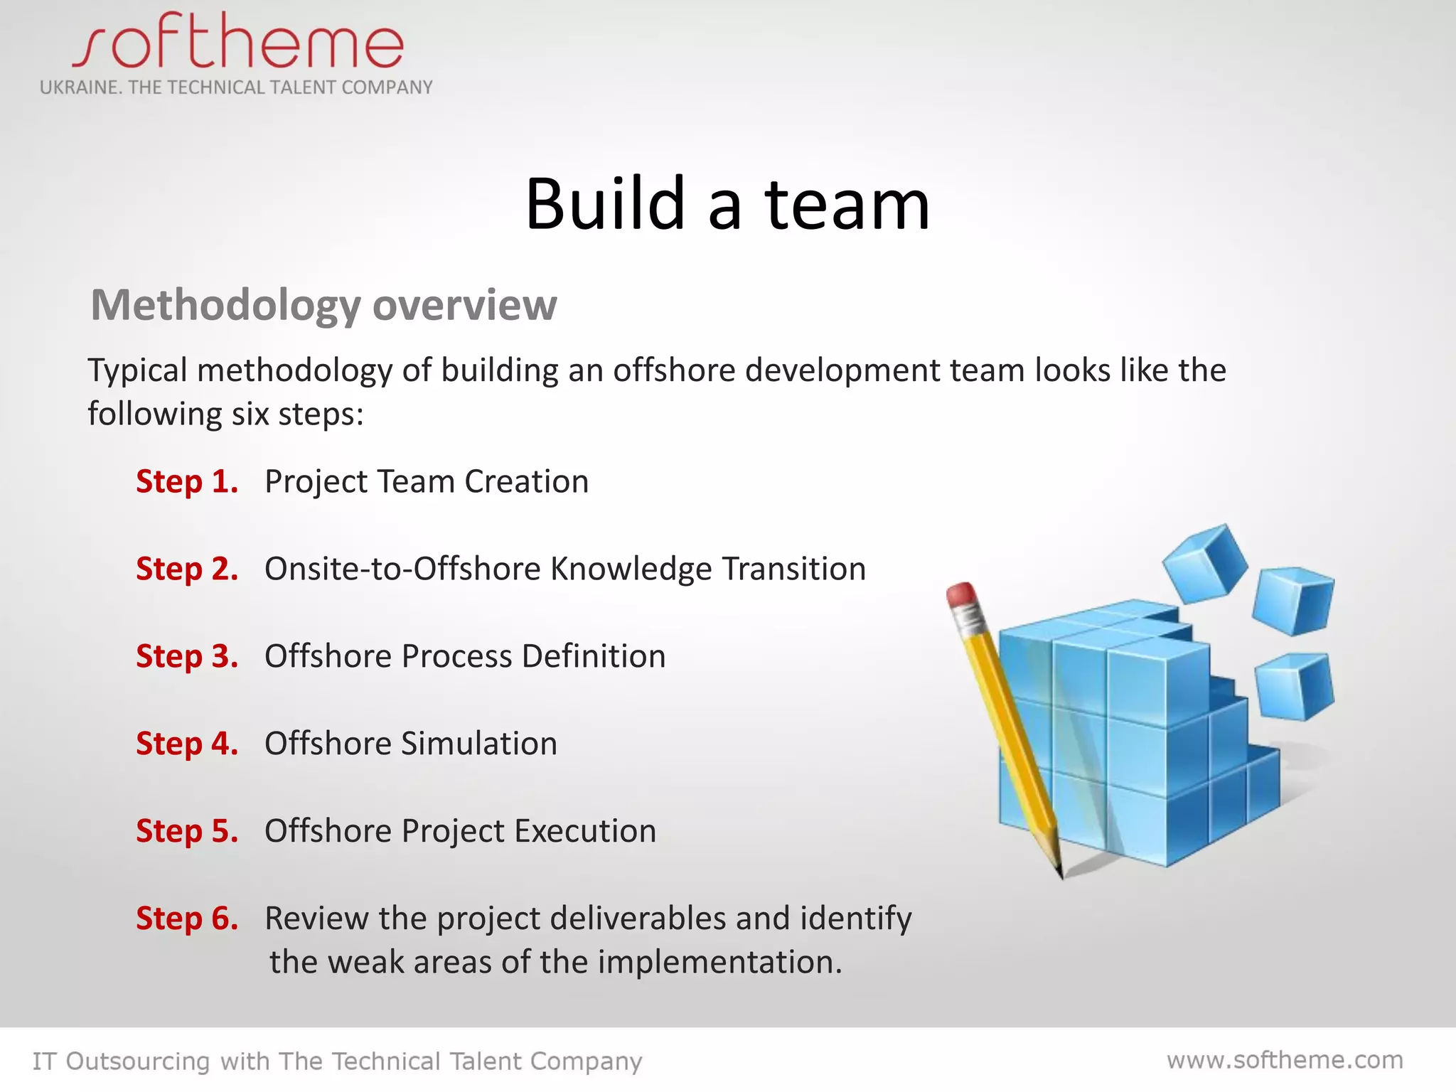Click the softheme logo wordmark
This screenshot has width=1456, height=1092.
(x=237, y=44)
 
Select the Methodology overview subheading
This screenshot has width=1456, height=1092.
(x=323, y=305)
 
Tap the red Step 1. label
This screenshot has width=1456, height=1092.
(x=187, y=482)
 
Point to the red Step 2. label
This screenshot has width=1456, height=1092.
(x=187, y=569)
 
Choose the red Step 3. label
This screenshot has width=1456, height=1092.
(x=187, y=656)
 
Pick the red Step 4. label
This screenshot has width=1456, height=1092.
(x=187, y=744)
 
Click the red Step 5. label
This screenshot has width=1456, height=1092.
(x=187, y=831)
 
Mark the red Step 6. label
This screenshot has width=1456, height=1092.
(x=187, y=919)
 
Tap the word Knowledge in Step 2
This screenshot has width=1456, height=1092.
(x=631, y=569)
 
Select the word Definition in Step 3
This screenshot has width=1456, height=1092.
(x=594, y=656)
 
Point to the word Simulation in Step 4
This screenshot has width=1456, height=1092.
(x=479, y=744)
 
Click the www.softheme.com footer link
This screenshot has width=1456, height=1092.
(x=1285, y=1060)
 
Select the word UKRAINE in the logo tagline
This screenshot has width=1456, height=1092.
(x=79, y=87)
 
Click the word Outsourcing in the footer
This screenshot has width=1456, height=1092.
(x=138, y=1061)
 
